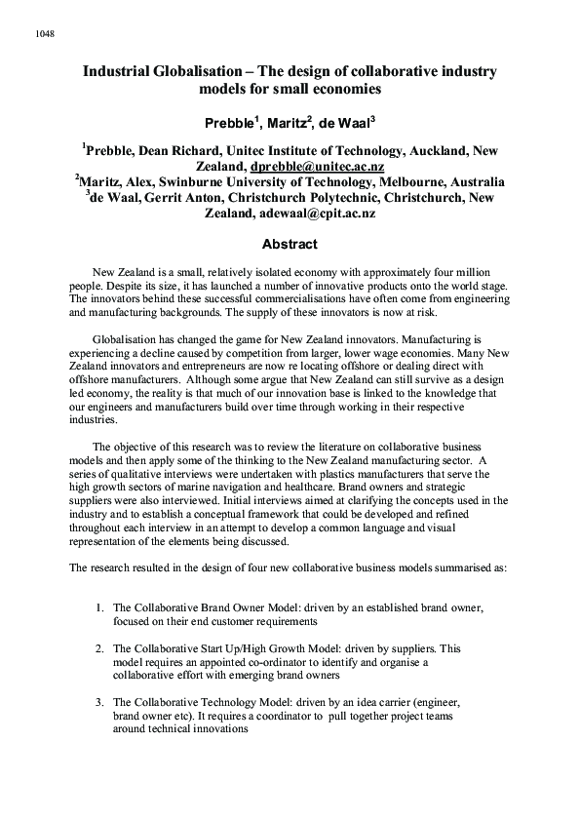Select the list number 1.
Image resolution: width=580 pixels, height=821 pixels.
(100, 606)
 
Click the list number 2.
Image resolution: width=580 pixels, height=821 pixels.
(100, 647)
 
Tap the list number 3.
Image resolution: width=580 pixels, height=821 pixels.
(100, 701)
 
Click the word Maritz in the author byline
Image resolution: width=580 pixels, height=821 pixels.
(283, 122)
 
